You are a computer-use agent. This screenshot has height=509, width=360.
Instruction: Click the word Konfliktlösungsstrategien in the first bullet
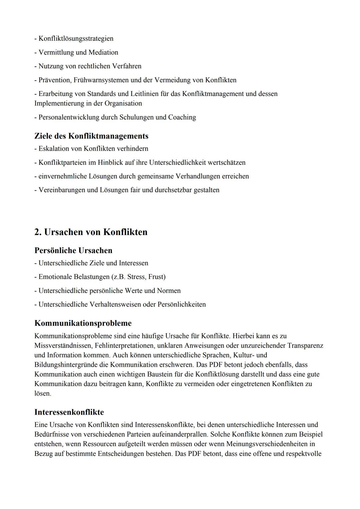click(x=76, y=39)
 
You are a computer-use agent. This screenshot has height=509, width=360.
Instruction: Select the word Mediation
click(x=103, y=53)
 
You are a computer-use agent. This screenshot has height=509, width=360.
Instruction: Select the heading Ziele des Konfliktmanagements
click(x=91, y=136)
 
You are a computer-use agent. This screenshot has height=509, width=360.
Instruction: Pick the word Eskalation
click(x=54, y=149)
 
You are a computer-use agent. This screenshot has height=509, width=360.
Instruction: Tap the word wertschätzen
click(x=227, y=163)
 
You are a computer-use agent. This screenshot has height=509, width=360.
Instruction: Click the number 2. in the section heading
click(x=38, y=232)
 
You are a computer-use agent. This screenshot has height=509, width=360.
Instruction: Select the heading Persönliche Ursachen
click(x=73, y=251)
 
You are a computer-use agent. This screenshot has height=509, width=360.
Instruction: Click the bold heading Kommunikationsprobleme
click(x=83, y=323)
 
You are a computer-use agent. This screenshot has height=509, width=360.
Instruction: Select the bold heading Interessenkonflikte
click(x=69, y=412)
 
